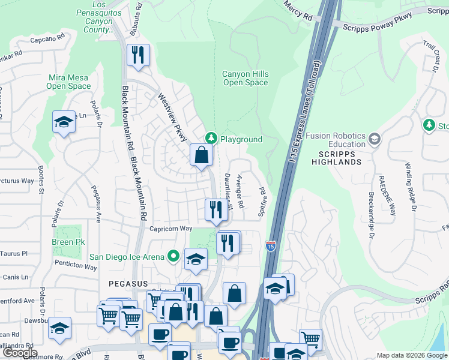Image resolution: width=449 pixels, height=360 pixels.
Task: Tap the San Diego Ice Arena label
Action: pos(127,257)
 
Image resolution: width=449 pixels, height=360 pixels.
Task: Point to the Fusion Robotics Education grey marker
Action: pos(375,139)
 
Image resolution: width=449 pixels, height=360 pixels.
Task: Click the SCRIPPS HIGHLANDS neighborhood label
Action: pos(336,161)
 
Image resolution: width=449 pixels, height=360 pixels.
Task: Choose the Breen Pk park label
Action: pos(68,242)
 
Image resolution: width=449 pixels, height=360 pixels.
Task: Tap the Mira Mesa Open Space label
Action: pos(68,82)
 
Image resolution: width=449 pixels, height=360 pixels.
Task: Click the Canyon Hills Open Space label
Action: pos(246,78)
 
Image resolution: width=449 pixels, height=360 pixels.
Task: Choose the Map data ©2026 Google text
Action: pos(411,355)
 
